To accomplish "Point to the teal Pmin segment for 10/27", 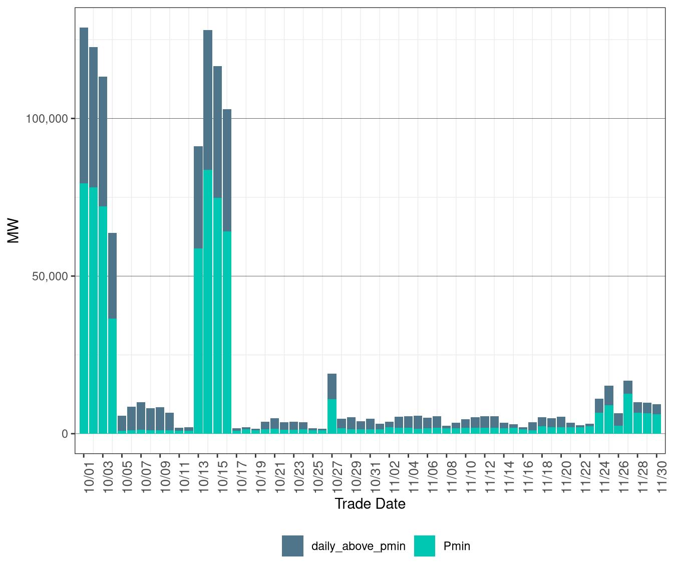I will (332, 416).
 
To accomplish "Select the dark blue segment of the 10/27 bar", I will (332, 386).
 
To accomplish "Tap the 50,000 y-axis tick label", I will (50, 276).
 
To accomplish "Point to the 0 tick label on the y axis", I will (65, 434).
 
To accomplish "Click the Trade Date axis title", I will (370, 504).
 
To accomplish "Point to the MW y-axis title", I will (14, 230).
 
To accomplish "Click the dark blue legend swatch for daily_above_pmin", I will (292, 546).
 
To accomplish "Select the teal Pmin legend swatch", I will (425, 546).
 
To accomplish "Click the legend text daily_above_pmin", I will (359, 546).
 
